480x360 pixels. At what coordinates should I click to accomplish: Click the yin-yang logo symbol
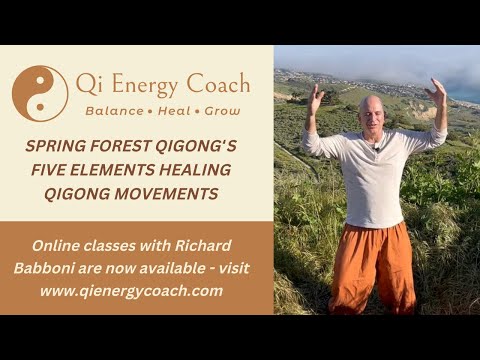point(40,94)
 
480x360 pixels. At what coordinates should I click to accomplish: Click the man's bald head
point(372,110)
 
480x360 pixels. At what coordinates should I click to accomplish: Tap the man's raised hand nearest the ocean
point(436,93)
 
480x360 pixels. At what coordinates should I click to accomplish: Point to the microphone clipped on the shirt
point(377,149)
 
